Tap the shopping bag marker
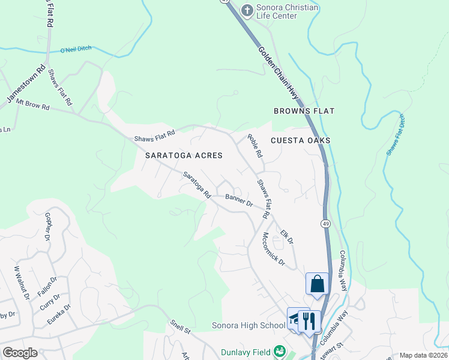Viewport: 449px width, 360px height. click(317, 284)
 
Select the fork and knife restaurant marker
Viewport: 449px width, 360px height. click(309, 320)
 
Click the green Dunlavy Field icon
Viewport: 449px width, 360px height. click(279, 352)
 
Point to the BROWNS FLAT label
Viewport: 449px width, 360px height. click(304, 111)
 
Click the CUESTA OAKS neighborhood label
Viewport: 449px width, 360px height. click(300, 140)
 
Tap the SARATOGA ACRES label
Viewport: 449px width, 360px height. click(184, 155)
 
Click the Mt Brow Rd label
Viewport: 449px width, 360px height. click(34, 106)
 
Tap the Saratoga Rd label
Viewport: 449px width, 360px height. click(197, 186)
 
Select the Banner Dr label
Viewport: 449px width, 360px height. click(239, 200)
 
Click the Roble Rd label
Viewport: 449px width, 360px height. click(256, 146)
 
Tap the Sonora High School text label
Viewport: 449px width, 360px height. click(248, 326)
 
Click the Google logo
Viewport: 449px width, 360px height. click(20, 353)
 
